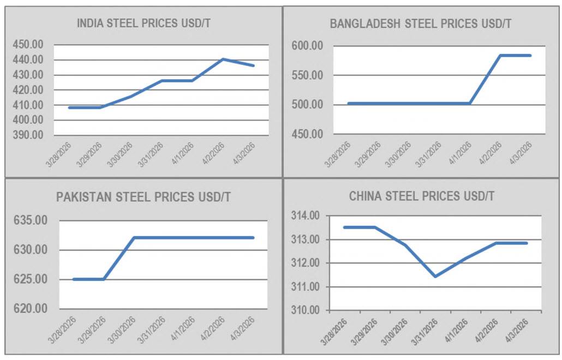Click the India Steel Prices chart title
pos(144,23)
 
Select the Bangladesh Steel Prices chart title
pos(420,23)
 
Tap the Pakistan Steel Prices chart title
pos(144,197)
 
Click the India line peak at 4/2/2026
pos(223,59)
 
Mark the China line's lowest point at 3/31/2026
pos(435,277)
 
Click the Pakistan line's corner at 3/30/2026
pos(134,238)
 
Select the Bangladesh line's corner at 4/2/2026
pos(500,56)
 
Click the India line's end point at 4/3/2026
pos(254,65)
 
